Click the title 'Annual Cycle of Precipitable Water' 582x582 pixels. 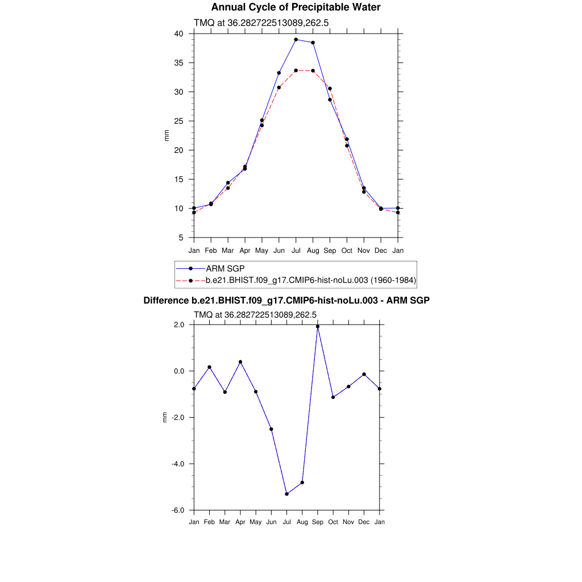click(x=296, y=7)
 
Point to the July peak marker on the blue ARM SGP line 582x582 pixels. click(x=296, y=40)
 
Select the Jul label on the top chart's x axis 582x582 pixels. click(x=296, y=251)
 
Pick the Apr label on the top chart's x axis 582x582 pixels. click(x=244, y=251)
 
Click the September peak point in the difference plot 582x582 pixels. click(x=318, y=327)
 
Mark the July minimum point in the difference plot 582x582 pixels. click(x=287, y=494)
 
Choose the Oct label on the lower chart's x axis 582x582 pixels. click(x=333, y=522)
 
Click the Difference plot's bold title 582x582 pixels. click(x=286, y=301)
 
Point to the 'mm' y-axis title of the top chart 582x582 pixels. click(x=167, y=136)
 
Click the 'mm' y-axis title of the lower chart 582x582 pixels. click(x=165, y=418)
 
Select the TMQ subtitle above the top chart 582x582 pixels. click(x=261, y=23)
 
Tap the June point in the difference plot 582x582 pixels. click(x=271, y=429)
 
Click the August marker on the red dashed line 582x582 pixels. click(x=313, y=70)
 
